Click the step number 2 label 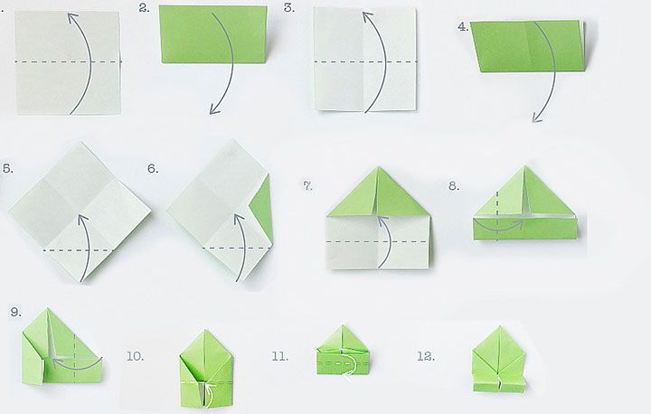pyautogui.click(x=144, y=8)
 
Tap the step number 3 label pyautogui.click(x=289, y=8)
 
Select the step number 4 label pyautogui.click(x=463, y=27)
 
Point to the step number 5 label pyautogui.click(x=8, y=169)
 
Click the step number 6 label pyautogui.click(x=153, y=169)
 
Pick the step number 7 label pyautogui.click(x=307, y=186)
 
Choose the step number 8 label pyautogui.click(x=454, y=186)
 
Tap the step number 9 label pyautogui.click(x=15, y=312)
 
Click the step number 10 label pyautogui.click(x=136, y=356)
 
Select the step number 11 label pyautogui.click(x=279, y=356)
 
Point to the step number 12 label pyautogui.click(x=426, y=356)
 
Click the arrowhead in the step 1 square pyautogui.click(x=73, y=17)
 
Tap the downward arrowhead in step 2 pyautogui.click(x=214, y=109)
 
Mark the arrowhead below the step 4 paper pyautogui.click(x=536, y=118)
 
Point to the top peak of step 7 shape pyautogui.click(x=378, y=167)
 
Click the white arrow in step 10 pyautogui.click(x=211, y=394)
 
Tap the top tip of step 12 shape pyautogui.click(x=499, y=327)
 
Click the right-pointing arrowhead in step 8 pyautogui.click(x=519, y=224)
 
